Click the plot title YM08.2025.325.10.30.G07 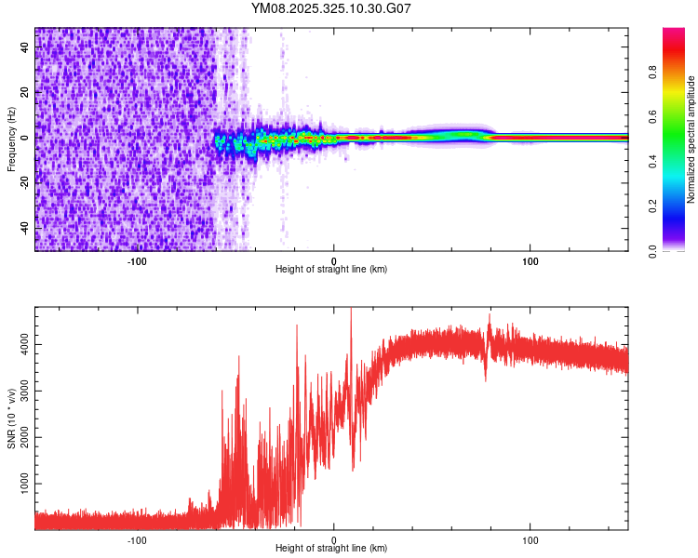pyautogui.click(x=331, y=9)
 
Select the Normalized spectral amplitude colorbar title pyautogui.click(x=691, y=139)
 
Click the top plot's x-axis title pyautogui.click(x=331, y=269)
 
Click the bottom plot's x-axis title pyautogui.click(x=331, y=548)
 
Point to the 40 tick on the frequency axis pyautogui.click(x=25, y=47)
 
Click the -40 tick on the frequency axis pyautogui.click(x=25, y=228)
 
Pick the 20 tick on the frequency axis pyautogui.click(x=25, y=93)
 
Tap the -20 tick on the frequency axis pyautogui.click(x=25, y=183)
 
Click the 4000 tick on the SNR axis pyautogui.click(x=25, y=345)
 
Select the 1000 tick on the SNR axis pyautogui.click(x=25, y=485)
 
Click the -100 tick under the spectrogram pyautogui.click(x=137, y=259)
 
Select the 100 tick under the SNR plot pyautogui.click(x=530, y=538)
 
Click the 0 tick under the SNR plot pyautogui.click(x=334, y=538)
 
